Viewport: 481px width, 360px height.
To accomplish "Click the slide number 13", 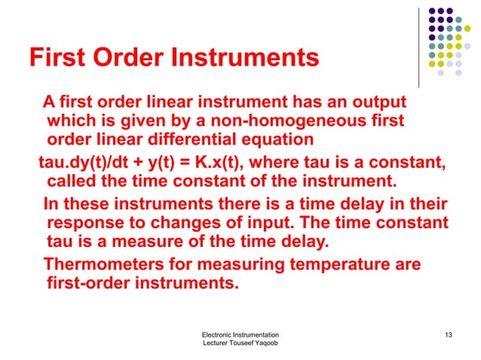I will pos(449,334).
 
